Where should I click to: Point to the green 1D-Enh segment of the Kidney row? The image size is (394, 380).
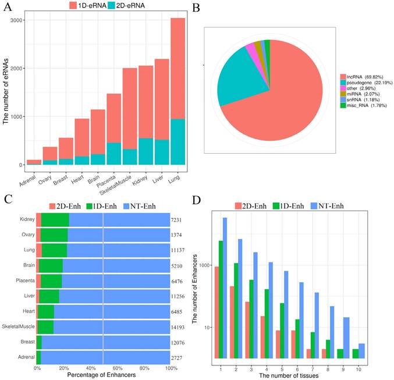point(55,219)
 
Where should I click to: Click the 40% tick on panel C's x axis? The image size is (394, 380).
point(90,368)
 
